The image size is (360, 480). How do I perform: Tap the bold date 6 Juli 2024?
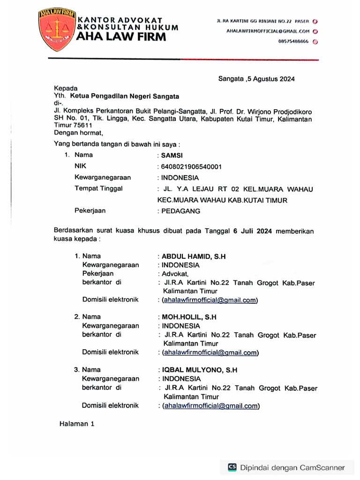click(x=253, y=231)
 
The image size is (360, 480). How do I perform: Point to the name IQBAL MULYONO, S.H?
click(x=200, y=370)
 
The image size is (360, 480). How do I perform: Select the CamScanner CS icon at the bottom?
click(x=232, y=467)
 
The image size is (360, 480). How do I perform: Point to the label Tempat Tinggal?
click(x=98, y=188)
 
